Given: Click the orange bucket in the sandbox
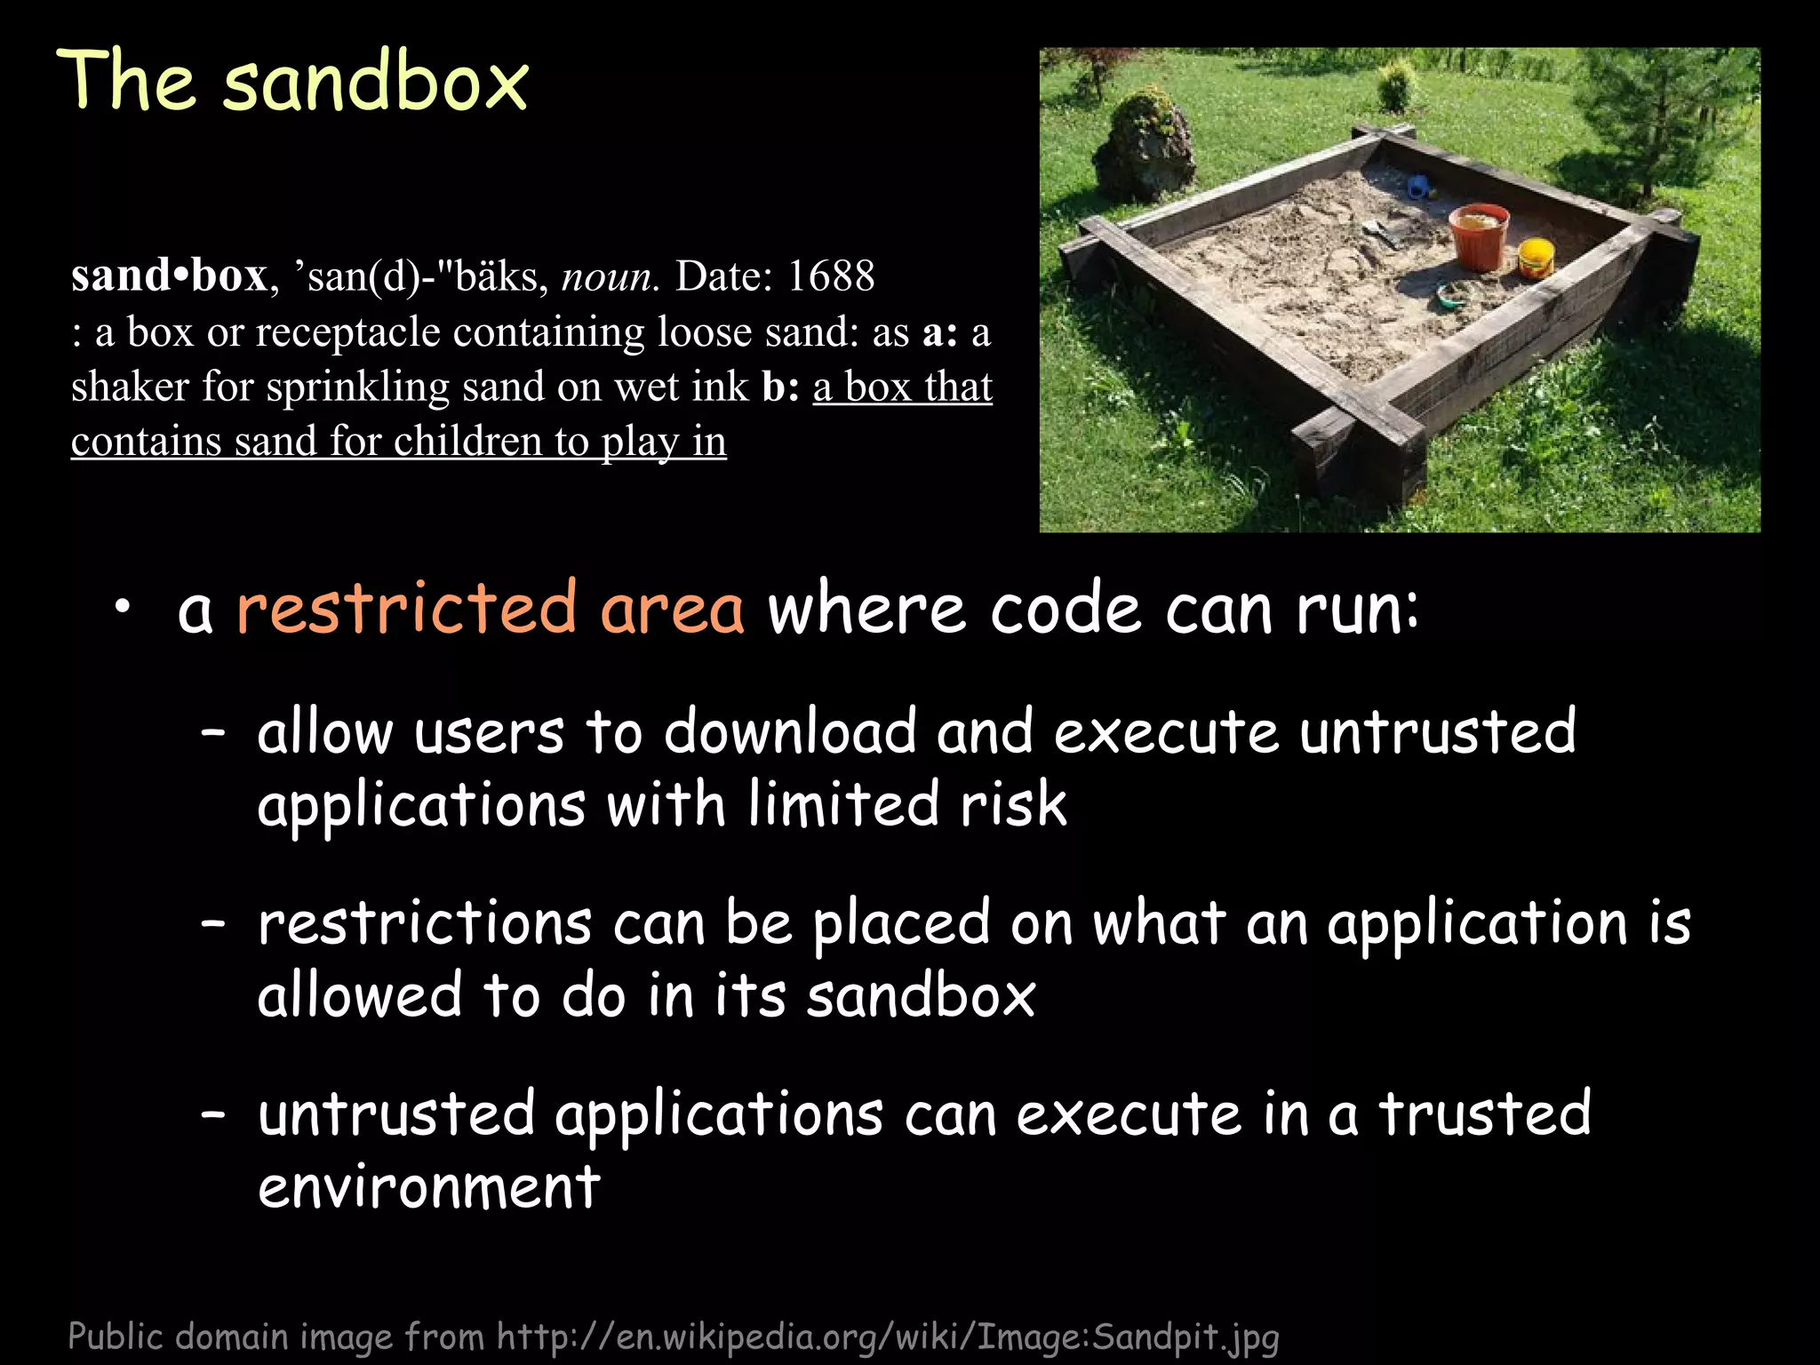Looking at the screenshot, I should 1479,235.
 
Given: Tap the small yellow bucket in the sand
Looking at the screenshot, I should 1536,258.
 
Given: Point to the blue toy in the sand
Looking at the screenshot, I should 1418,187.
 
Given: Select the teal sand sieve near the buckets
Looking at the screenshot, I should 1456,294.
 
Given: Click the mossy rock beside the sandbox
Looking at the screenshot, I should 1144,148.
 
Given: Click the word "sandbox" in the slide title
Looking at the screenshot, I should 376,82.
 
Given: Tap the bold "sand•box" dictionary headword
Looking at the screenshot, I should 169,276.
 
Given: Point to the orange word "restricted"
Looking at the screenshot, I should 406,610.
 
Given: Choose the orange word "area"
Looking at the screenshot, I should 672,610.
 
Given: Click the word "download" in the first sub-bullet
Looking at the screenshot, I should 790,732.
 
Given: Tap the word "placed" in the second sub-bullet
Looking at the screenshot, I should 901,924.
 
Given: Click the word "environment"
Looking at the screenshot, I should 429,1187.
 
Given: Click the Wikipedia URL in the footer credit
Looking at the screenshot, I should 888,1336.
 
